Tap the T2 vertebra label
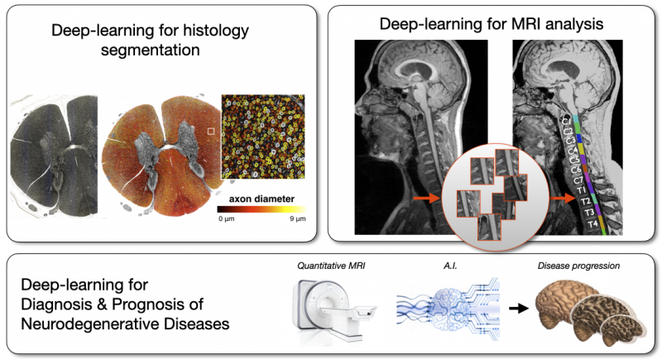[587, 201]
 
